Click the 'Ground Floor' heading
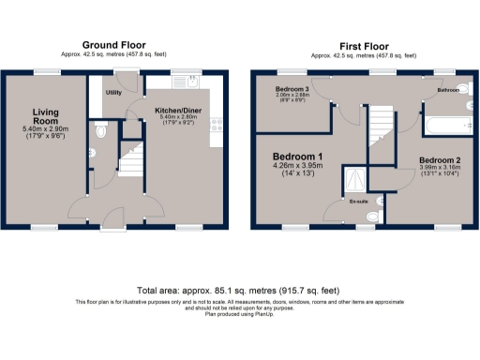pyautogui.click(x=113, y=44)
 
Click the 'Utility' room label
pyautogui.click(x=114, y=93)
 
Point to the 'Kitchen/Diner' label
pyautogui.click(x=177, y=110)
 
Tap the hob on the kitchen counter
pyautogui.click(x=217, y=122)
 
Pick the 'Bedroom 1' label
pyautogui.click(x=297, y=156)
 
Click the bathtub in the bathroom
pyautogui.click(x=444, y=122)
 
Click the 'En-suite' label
pyautogui.click(x=358, y=201)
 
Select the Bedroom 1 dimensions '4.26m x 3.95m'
pyautogui.click(x=297, y=167)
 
